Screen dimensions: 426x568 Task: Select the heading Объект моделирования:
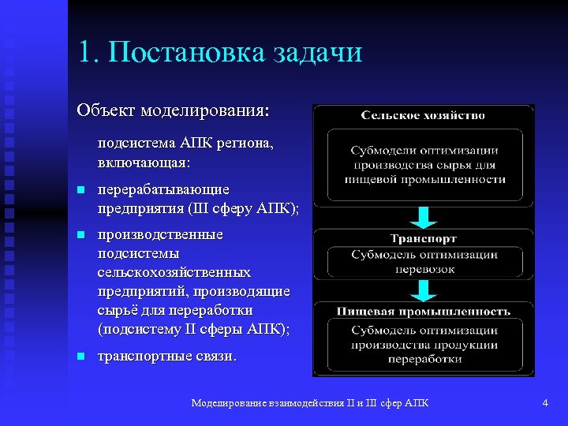[173, 109]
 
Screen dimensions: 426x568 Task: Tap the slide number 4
[545, 403]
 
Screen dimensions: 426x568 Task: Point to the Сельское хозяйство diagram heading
[423, 115]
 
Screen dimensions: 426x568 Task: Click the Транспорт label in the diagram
[423, 238]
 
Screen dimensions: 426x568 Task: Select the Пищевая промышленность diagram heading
[424, 312]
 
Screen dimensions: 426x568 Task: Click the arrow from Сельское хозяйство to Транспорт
[424, 216]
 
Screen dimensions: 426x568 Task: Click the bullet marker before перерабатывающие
[80, 191]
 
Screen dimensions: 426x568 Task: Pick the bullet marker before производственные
[80, 236]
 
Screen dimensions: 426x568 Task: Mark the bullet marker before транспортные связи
[80, 357]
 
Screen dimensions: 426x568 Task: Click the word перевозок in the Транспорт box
[424, 268]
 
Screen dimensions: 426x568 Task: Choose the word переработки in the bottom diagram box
[424, 358]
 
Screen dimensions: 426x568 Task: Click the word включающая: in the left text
[143, 162]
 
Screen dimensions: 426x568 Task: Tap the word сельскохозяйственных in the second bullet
[174, 273]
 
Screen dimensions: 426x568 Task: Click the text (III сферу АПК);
[244, 208]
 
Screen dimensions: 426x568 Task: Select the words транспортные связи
[166, 356]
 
